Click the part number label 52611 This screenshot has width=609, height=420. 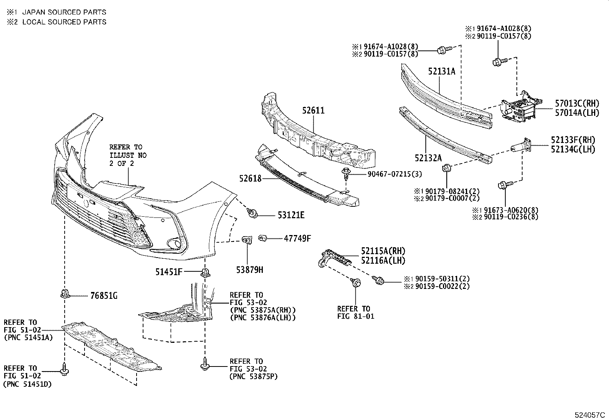313,111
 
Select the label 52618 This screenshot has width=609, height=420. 250,178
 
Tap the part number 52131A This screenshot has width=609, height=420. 441,71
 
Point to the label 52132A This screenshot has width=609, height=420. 428,157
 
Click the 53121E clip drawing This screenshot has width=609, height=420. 252,213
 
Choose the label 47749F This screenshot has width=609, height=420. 297,238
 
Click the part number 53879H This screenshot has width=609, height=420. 249,270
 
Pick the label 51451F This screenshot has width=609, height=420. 169,272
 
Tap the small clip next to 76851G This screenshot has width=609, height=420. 64,294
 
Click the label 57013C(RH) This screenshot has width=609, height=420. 577,103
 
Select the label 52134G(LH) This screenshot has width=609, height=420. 573,149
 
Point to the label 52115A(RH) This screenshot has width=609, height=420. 383,251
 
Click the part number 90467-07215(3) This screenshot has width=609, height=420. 395,174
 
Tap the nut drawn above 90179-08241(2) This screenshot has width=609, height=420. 446,168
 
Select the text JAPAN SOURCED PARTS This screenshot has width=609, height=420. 64,12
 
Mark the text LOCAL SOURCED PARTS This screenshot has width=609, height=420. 64,22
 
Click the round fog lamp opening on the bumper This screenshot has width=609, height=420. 175,243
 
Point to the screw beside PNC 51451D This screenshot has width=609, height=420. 64,369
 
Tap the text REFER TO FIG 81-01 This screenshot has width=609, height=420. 356,312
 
